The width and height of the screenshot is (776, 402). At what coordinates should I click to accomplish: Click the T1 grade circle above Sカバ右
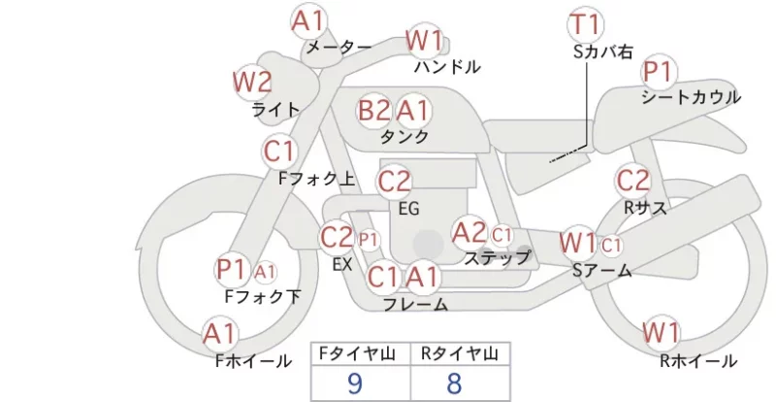click(x=585, y=25)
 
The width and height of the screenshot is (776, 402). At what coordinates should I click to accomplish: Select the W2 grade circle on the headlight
click(x=253, y=83)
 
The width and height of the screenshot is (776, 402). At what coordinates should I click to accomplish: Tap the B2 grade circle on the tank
click(x=374, y=110)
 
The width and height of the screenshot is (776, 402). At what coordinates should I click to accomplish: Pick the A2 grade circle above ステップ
click(x=469, y=233)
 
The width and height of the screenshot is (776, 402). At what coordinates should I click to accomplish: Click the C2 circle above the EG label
click(x=394, y=182)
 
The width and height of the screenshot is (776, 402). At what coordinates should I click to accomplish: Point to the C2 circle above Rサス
click(x=632, y=181)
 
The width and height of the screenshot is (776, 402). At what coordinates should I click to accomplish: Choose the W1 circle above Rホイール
click(x=661, y=333)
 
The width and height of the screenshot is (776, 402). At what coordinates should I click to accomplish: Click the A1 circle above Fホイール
click(x=220, y=334)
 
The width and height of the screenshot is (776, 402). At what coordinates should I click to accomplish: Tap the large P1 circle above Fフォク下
click(x=232, y=270)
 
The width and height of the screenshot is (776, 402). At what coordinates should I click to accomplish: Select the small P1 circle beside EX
click(x=369, y=241)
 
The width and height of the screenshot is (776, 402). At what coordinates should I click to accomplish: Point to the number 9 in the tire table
click(x=355, y=384)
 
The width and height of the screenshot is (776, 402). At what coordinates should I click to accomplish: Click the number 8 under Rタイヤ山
click(x=454, y=384)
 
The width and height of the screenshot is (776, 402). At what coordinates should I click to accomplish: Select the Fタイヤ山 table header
click(x=357, y=353)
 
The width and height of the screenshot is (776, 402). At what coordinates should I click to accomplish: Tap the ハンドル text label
click(x=447, y=66)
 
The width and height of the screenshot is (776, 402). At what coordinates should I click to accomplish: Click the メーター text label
click(x=339, y=47)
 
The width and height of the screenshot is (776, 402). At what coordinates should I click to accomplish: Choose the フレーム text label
click(x=416, y=304)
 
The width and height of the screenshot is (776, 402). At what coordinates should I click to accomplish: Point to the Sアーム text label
click(x=601, y=270)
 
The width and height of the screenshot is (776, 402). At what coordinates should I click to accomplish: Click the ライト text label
click(x=275, y=109)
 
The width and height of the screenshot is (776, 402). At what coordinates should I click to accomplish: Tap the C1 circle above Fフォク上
click(x=279, y=151)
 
